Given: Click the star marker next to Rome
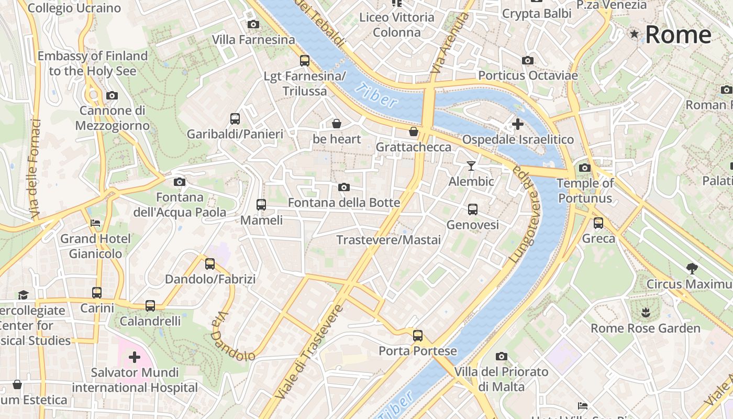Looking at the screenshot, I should point(635,35).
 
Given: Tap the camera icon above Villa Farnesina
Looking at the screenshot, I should point(253,25).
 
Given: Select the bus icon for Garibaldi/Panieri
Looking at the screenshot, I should point(235,119).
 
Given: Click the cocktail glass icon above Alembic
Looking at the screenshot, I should point(471,166).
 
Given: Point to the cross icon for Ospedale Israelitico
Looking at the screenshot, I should point(517,124).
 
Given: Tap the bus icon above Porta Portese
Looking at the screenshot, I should point(417,336).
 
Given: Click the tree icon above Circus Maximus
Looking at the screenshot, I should point(692,269).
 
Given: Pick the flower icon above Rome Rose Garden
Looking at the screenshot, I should point(646,313).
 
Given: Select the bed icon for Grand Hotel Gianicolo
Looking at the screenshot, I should point(95,223).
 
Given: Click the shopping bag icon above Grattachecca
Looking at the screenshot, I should point(414,131).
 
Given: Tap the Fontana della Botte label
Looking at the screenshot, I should point(344,203).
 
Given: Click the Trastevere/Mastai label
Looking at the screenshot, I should point(388,240).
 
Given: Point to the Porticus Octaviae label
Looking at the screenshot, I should point(528,75).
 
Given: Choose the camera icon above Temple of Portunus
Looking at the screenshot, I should point(585,168).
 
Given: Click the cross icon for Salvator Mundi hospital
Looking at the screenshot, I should point(135,357).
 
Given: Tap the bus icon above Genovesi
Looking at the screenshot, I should point(473,210).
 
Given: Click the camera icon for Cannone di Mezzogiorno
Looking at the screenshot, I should point(112,96).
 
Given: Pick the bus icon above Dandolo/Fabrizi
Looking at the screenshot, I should point(210,264).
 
